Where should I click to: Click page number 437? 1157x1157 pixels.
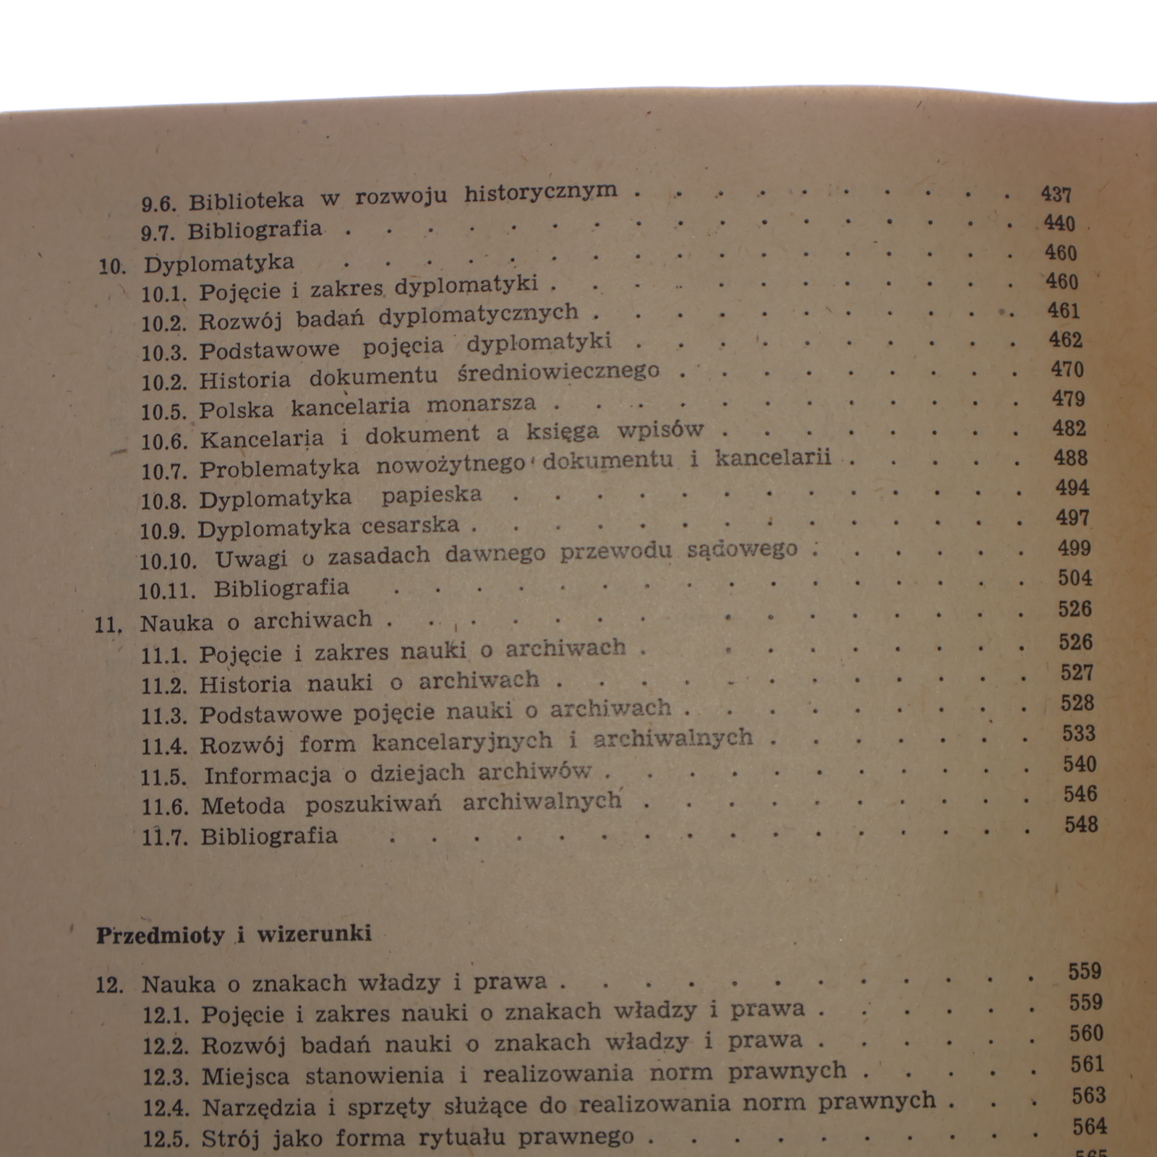(x=1056, y=195)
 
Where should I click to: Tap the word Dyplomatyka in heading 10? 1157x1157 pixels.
(x=218, y=263)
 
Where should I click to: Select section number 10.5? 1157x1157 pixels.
(x=164, y=411)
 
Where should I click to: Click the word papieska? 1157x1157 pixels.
(x=431, y=495)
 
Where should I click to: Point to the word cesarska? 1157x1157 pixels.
(x=410, y=526)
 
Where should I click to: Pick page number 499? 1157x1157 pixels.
(x=1074, y=548)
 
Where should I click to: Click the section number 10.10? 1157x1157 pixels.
(x=168, y=561)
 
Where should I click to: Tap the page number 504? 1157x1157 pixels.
(x=1075, y=578)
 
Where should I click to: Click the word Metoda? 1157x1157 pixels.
(x=243, y=806)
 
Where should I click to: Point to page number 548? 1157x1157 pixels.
(x=1081, y=824)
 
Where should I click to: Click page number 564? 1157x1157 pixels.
(x=1090, y=1127)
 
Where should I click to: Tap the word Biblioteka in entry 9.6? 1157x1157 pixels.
(x=246, y=201)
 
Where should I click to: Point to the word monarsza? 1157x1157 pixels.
(x=481, y=404)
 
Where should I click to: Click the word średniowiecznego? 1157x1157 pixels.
(x=558, y=372)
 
